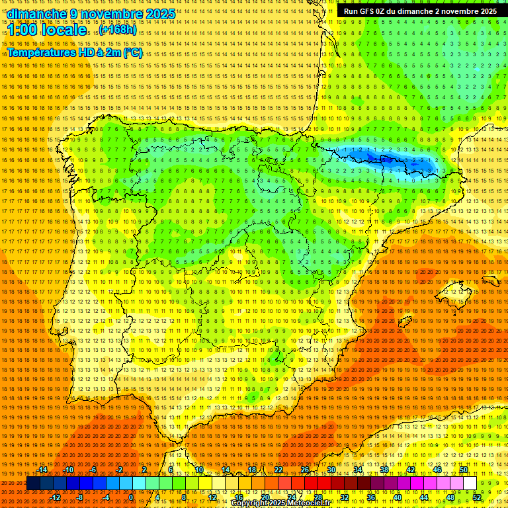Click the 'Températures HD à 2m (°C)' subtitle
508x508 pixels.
click(75, 52)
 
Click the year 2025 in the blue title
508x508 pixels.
click(160, 14)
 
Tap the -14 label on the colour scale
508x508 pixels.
click(42, 470)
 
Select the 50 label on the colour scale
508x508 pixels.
click(464, 470)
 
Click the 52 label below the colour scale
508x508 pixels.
click(477, 497)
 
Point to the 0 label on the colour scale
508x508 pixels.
click(131, 497)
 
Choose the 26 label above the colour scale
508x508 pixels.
click(305, 470)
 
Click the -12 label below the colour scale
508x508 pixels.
click(56, 497)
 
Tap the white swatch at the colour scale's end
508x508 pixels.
click(470, 484)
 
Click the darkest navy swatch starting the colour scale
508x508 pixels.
click(33, 484)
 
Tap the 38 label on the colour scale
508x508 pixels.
click(384, 470)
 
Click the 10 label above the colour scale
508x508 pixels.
click(198, 470)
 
